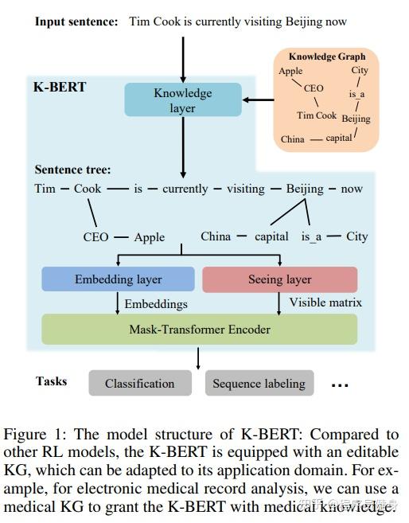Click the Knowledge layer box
[182, 100]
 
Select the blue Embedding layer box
[118, 279]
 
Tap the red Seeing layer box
[279, 279]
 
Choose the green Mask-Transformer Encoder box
[199, 329]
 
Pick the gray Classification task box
[139, 383]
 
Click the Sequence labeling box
[259, 383]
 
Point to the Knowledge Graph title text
[326, 57]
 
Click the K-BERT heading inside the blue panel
[59, 86]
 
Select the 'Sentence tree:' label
[72, 170]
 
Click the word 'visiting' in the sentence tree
[245, 189]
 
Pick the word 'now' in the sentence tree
[351, 189]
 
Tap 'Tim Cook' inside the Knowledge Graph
[317, 115]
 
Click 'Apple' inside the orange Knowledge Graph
[290, 71]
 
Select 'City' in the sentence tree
[356, 236]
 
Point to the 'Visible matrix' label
[325, 302]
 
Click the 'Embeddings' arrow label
[156, 303]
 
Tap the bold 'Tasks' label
[52, 381]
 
